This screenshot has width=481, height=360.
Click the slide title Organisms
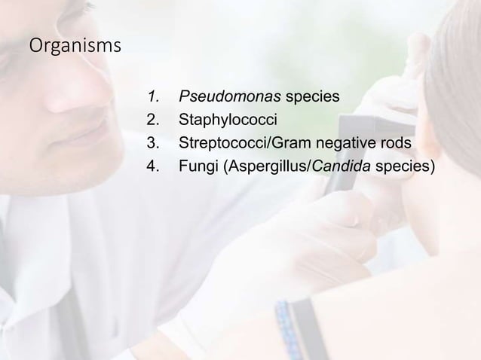click(x=73, y=47)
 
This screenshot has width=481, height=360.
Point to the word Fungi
click(x=195, y=166)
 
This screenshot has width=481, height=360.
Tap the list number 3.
click(x=153, y=143)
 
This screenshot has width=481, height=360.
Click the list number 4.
click(x=153, y=166)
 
